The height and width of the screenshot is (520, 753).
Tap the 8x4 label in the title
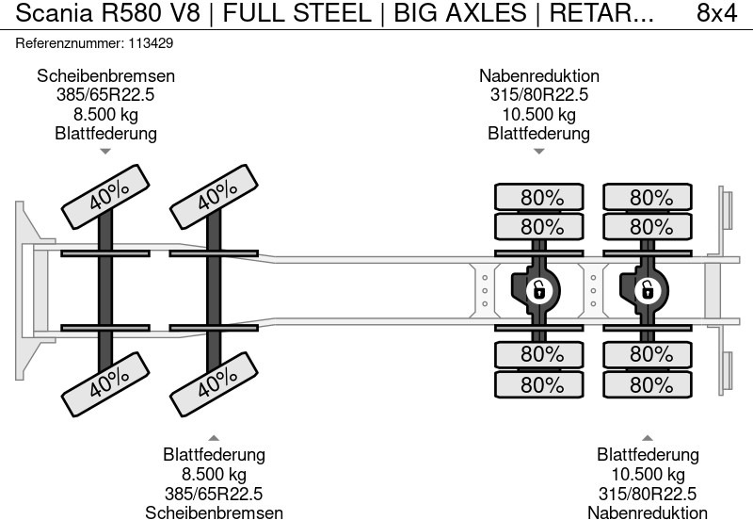click(716, 15)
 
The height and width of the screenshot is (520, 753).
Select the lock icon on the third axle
click(539, 289)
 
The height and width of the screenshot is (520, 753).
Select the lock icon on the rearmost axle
click(648, 289)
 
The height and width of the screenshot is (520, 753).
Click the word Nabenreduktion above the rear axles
click(538, 76)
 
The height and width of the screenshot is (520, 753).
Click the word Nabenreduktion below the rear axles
click(648, 512)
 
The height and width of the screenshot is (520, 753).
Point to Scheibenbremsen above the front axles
click(105, 76)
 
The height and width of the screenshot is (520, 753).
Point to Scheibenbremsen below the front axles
click(214, 512)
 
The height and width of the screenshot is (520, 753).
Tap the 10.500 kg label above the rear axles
click(538, 114)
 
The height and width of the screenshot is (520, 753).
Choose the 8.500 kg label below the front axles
click(214, 474)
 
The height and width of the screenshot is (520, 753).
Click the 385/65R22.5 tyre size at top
click(105, 95)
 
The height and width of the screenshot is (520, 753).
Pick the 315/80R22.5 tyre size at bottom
click(648, 493)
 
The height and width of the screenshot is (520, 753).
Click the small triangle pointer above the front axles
click(105, 151)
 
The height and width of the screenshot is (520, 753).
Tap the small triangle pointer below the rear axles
click(648, 437)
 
